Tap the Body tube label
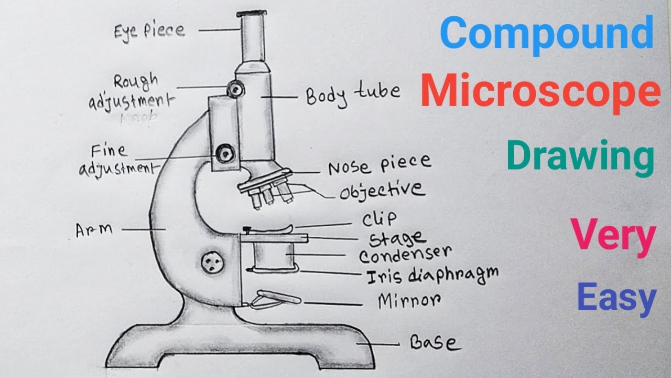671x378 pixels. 353,94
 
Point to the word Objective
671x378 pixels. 382,190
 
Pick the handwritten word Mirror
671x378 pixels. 409,301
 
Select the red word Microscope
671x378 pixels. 540,92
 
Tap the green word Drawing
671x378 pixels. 580,156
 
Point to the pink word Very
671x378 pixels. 613,236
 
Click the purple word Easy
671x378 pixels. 616,297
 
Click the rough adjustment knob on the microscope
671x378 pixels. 235,90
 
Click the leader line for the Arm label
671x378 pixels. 139,229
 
